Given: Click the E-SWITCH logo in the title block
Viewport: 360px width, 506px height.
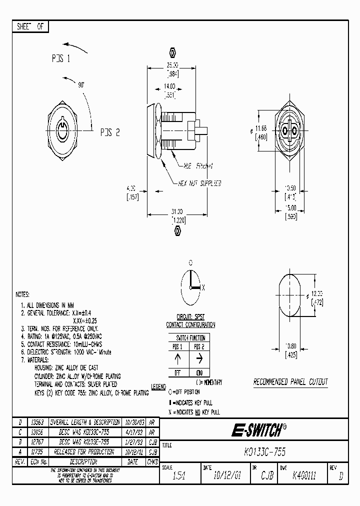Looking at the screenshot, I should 259,430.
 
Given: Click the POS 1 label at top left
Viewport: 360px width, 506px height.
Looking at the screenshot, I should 60,58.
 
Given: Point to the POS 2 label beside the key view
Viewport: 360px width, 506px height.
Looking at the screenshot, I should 109,132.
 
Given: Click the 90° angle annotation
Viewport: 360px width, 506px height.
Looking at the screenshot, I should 81,85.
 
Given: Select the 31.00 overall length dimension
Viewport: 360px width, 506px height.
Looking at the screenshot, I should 176,212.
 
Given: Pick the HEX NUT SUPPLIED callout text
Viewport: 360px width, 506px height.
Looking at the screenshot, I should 199,183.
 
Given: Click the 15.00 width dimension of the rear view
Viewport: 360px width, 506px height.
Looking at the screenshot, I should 290,208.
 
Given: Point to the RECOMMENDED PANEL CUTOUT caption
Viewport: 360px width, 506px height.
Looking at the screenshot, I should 290,382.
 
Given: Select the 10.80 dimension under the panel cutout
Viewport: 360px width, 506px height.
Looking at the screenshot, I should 290,346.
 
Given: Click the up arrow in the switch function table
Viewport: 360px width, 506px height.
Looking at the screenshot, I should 177,359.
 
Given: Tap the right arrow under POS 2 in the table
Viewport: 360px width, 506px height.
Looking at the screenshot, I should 198,359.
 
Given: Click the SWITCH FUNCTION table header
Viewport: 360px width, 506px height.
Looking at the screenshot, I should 188,338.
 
